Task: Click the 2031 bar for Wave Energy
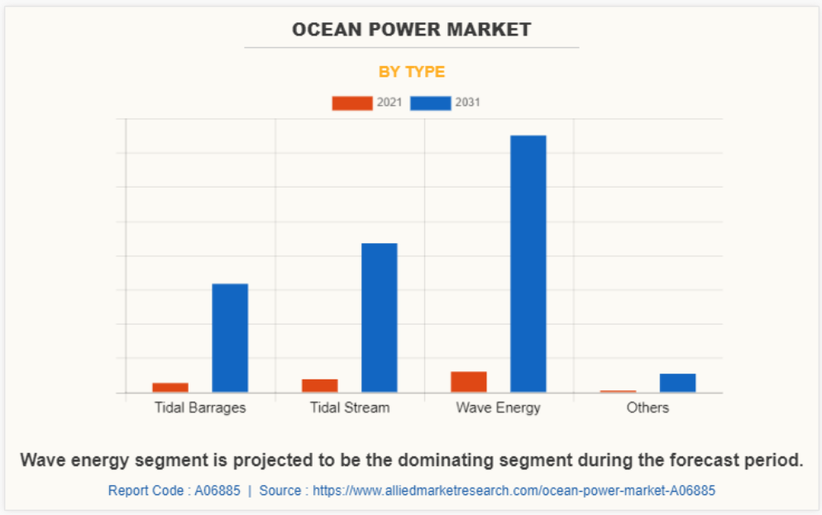(x=528, y=263)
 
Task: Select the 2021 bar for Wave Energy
(x=468, y=382)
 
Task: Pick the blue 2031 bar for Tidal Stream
(x=379, y=317)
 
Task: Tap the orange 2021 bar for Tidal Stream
(x=319, y=385)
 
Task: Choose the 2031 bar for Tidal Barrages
(x=230, y=337)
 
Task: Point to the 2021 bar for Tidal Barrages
(x=170, y=387)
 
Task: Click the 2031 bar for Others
(x=677, y=383)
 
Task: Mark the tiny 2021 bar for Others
(x=618, y=391)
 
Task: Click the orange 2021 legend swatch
(x=351, y=103)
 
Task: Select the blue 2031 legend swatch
(x=430, y=103)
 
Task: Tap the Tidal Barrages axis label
(x=200, y=408)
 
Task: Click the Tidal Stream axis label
(x=350, y=408)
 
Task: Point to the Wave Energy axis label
(x=498, y=408)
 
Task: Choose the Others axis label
(x=648, y=408)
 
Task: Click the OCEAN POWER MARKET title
(x=411, y=30)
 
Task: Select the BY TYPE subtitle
(x=411, y=72)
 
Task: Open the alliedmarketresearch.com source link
(x=513, y=490)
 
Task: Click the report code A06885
(x=217, y=490)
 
